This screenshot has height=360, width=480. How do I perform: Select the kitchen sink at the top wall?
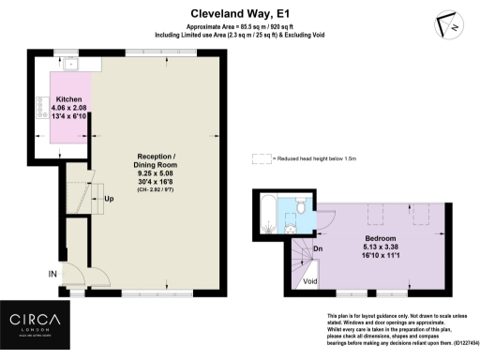(71, 63)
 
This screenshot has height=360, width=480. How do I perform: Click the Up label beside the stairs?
(110, 199)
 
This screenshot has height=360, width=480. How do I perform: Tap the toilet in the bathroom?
(298, 204)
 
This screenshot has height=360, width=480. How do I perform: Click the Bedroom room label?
(380, 238)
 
